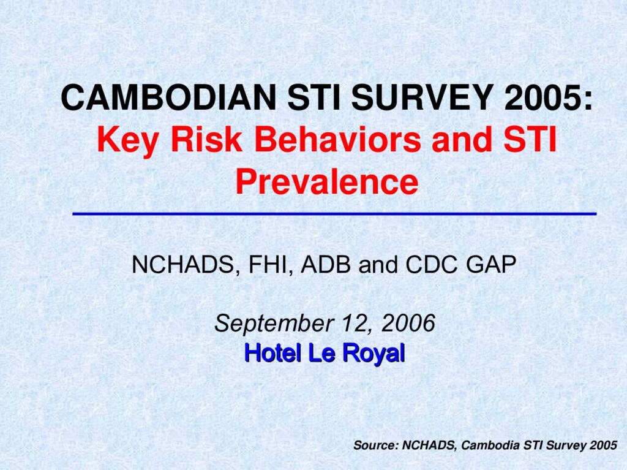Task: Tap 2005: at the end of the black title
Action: coord(549,97)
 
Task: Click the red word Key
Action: coord(127,141)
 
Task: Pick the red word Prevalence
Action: coord(327,182)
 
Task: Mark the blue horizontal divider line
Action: coord(334,214)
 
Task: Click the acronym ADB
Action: coord(326,264)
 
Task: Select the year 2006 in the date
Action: coord(408,323)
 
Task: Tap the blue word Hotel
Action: coord(272,353)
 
